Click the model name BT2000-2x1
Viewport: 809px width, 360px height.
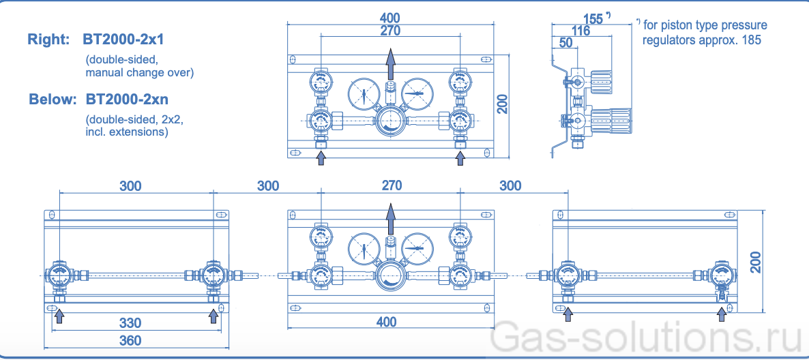click(x=123, y=40)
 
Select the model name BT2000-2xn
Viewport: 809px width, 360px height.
click(x=127, y=100)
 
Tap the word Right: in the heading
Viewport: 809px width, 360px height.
click(x=48, y=40)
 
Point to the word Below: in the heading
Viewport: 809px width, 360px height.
click(x=53, y=100)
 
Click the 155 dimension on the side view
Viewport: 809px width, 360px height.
click(x=593, y=19)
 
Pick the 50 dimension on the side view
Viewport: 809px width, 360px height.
click(x=565, y=43)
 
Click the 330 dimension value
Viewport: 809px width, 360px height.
click(x=130, y=322)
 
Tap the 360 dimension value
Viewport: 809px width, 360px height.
click(x=130, y=340)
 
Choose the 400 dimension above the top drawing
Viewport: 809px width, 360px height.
click(x=390, y=18)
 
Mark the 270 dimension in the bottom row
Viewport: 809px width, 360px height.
click(x=392, y=185)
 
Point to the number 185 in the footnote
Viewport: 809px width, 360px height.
click(x=750, y=40)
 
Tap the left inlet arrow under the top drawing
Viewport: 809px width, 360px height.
click(x=321, y=158)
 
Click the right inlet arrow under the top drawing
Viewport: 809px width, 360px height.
click(x=461, y=158)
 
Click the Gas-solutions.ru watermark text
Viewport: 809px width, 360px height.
click(x=647, y=339)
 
